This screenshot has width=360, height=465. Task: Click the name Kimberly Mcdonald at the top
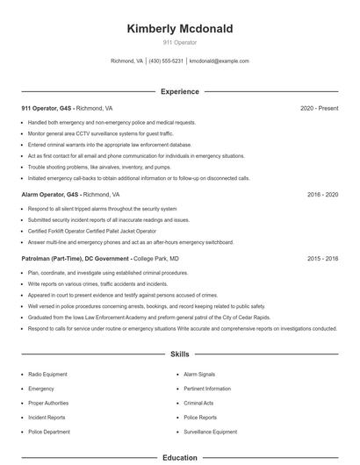click(x=180, y=29)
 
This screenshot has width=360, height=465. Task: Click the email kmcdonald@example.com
click(x=220, y=61)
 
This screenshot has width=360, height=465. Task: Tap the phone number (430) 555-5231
click(x=166, y=61)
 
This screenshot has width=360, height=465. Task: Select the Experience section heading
click(x=180, y=91)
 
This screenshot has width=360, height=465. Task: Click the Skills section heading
click(x=180, y=354)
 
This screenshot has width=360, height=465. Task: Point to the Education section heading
click(x=180, y=457)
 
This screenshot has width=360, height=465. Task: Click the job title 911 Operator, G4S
click(x=47, y=108)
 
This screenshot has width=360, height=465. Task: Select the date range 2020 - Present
click(x=319, y=108)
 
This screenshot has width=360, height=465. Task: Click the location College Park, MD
click(x=155, y=259)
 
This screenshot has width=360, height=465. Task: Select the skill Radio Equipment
click(x=47, y=374)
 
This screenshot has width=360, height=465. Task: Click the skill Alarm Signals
click(x=201, y=374)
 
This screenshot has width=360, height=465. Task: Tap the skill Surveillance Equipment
click(x=211, y=432)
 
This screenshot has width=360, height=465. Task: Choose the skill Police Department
click(x=49, y=432)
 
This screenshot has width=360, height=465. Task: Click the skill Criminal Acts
click(x=199, y=403)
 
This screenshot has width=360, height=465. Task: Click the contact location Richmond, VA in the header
click(x=127, y=61)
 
